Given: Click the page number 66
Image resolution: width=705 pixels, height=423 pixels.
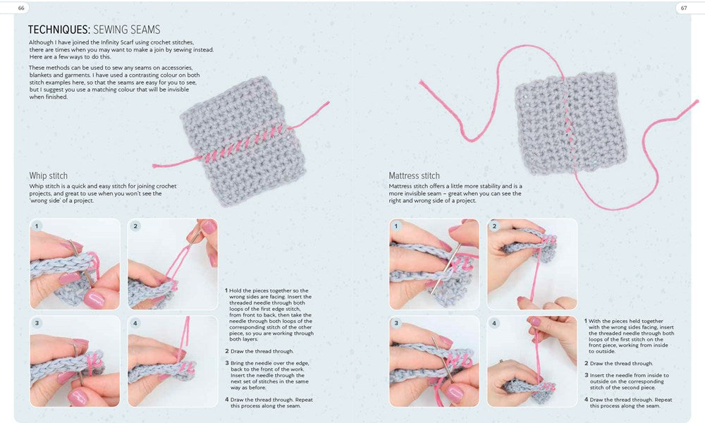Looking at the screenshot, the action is coord(21,8).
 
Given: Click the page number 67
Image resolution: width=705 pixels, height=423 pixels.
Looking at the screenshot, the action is coord(684,8).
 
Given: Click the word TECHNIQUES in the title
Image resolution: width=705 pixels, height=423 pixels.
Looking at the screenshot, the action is coord(59,30).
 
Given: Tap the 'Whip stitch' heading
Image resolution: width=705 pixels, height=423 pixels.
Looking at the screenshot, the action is coord(49,176).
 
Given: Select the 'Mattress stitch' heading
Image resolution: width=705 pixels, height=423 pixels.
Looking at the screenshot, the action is coord(414,176).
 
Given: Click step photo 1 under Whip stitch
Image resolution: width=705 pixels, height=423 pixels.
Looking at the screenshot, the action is coord(75,264).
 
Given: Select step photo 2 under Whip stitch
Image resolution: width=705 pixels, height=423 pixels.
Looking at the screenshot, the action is coord(173,264).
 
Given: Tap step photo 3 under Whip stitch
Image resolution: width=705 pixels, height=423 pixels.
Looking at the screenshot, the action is coord(75,362).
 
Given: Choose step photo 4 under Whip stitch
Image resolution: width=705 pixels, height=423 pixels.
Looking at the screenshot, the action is coord(173,362).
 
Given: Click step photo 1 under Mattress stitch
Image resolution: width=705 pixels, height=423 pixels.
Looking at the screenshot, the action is coord(434,264).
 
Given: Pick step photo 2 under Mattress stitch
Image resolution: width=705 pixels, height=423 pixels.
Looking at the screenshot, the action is coord(532,264).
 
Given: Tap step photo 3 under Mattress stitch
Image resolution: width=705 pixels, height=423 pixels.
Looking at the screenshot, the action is coord(434,362).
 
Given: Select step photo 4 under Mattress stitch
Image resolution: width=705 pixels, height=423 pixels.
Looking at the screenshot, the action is coord(532,362).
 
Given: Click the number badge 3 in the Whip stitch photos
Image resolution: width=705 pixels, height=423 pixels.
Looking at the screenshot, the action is coord(37,323).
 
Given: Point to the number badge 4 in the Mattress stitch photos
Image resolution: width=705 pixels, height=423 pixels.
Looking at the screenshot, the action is coord(494,323).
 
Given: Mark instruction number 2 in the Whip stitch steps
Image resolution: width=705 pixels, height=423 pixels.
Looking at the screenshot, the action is coord(227,352).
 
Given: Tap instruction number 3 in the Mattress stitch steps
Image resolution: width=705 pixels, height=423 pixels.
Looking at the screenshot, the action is coord(587,375).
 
